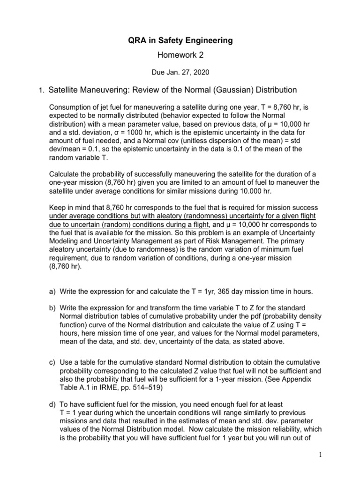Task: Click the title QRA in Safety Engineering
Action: pos(180,41)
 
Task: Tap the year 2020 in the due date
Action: pos(200,73)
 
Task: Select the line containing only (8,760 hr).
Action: pos(65,267)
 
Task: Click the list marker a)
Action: pos(53,292)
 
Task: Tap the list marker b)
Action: pos(53,308)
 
